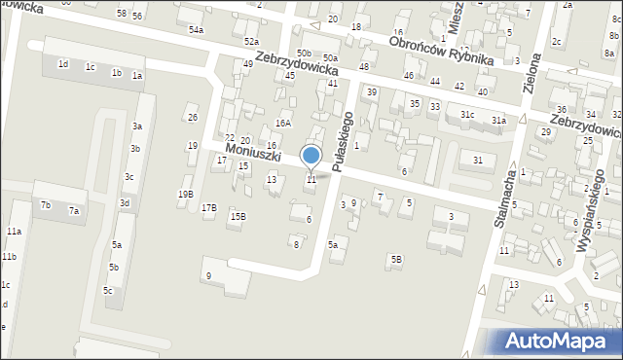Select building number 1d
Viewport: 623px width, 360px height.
point(63,63)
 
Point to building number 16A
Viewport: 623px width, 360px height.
point(283,124)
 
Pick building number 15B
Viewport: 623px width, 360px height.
point(238,216)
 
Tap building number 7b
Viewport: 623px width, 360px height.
point(46,204)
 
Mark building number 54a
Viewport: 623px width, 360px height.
point(197,30)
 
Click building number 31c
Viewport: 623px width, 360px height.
point(468,115)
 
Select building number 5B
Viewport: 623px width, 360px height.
point(396,259)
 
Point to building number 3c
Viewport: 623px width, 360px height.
point(128,177)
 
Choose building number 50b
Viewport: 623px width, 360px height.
point(305,53)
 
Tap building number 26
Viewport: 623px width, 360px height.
point(193,118)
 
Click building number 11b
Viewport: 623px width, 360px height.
point(9,256)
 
